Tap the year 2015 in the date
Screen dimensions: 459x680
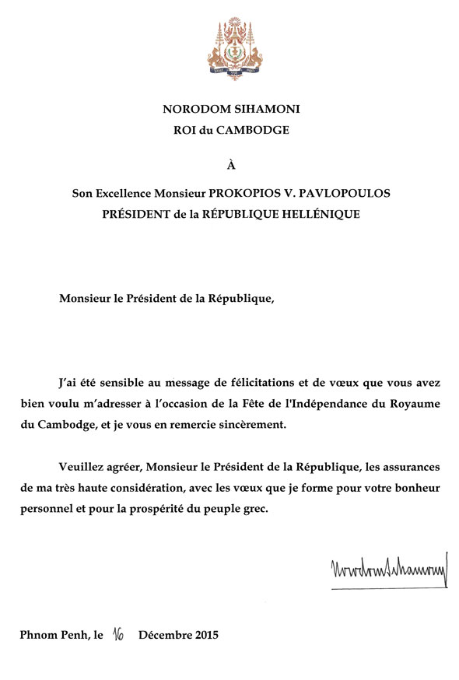click(205, 635)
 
